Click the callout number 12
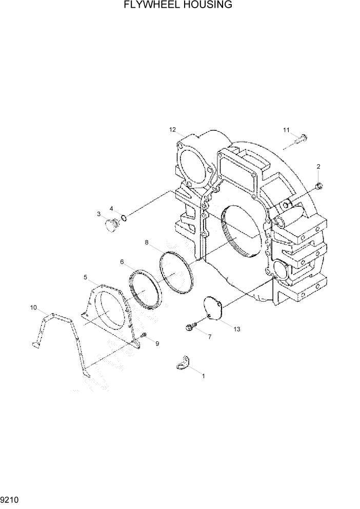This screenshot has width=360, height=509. point(173,129)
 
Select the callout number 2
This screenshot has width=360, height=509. point(318,166)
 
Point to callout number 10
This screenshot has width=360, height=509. point(33,308)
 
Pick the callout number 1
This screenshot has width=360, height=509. point(203,376)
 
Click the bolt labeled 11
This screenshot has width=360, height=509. point(303,138)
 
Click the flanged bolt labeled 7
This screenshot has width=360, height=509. point(190,327)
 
